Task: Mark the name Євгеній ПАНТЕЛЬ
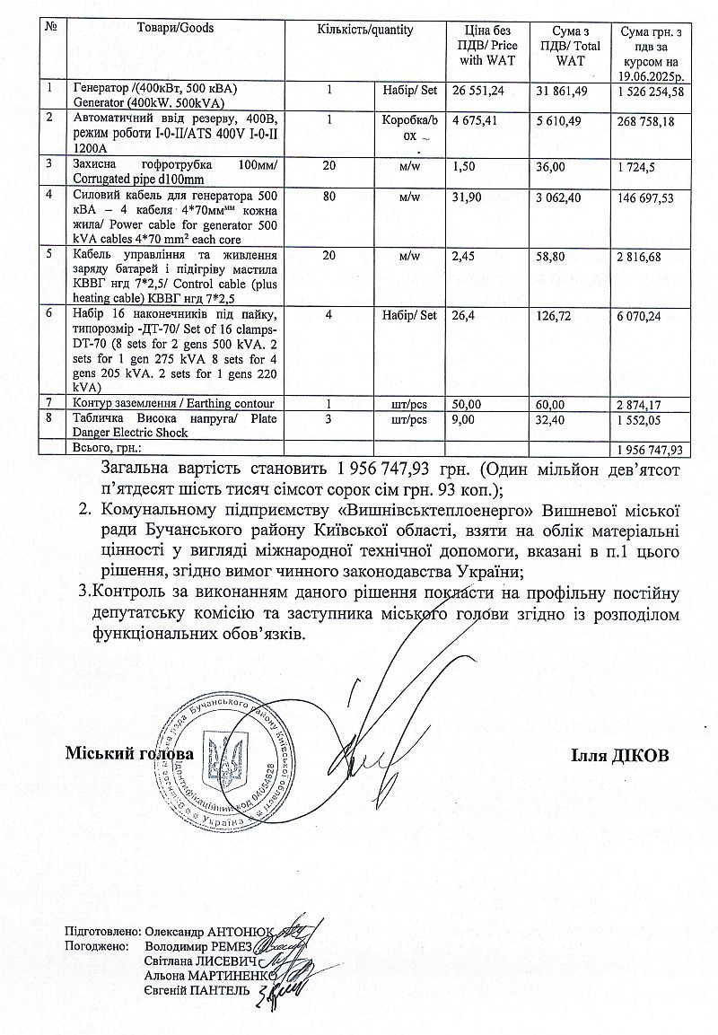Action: [192, 989]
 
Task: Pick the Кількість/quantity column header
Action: [365, 30]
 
